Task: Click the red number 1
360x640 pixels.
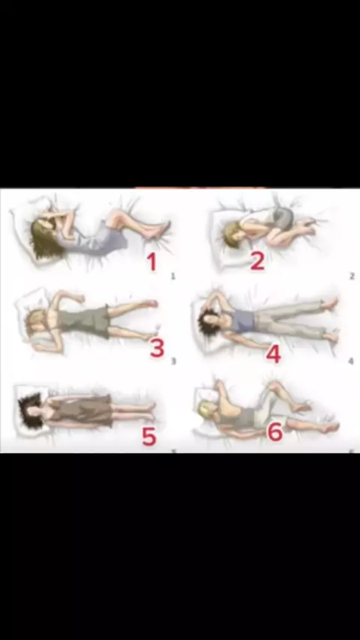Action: [x=152, y=262]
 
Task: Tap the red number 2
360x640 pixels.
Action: [x=257, y=261]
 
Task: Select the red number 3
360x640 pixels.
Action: [x=157, y=348]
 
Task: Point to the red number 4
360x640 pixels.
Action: [x=273, y=354]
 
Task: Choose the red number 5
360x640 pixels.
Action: [x=149, y=437]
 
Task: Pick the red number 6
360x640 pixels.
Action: [x=275, y=432]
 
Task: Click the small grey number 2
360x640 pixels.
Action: [x=352, y=277]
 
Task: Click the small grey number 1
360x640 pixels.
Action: [x=173, y=277]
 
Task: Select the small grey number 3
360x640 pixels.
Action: [x=173, y=361]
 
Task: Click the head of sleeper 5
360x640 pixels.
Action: [x=31, y=410]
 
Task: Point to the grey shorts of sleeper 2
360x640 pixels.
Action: [x=283, y=217]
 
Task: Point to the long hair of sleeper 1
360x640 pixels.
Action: [x=44, y=241]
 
